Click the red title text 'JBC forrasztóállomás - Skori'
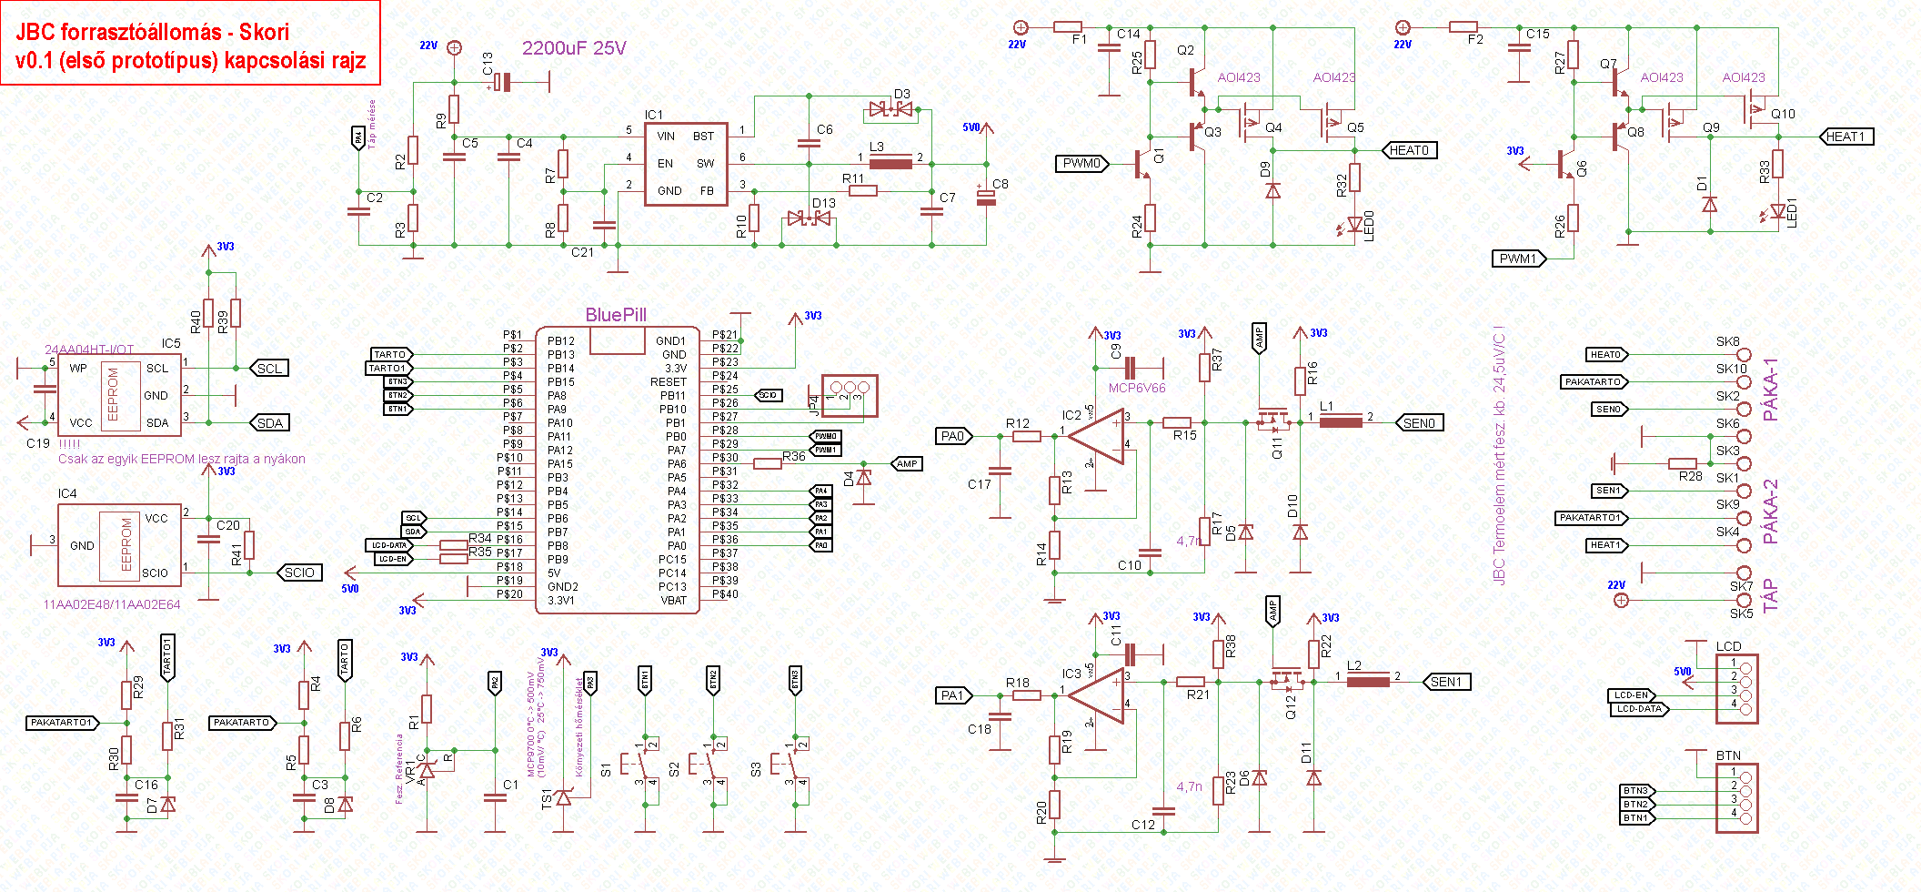[x=152, y=32]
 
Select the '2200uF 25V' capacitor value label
[x=574, y=48]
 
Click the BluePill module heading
[x=616, y=315]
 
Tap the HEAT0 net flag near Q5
[x=1409, y=150]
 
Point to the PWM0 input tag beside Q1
[x=1082, y=164]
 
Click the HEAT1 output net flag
[x=1846, y=137]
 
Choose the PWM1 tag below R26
[x=1517, y=258]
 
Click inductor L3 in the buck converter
[x=890, y=164]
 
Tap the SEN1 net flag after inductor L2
[x=1445, y=682]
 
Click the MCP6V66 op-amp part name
[x=1137, y=388]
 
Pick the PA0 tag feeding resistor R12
[x=952, y=437]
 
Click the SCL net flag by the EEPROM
[x=269, y=369]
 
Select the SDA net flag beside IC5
[x=270, y=423]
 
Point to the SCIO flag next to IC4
[x=299, y=573]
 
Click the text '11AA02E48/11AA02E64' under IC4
[x=112, y=604]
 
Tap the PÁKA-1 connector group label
[x=1770, y=390]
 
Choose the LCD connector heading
[x=1728, y=646]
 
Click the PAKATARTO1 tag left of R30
[x=62, y=723]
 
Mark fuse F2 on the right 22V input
[x=1463, y=27]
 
